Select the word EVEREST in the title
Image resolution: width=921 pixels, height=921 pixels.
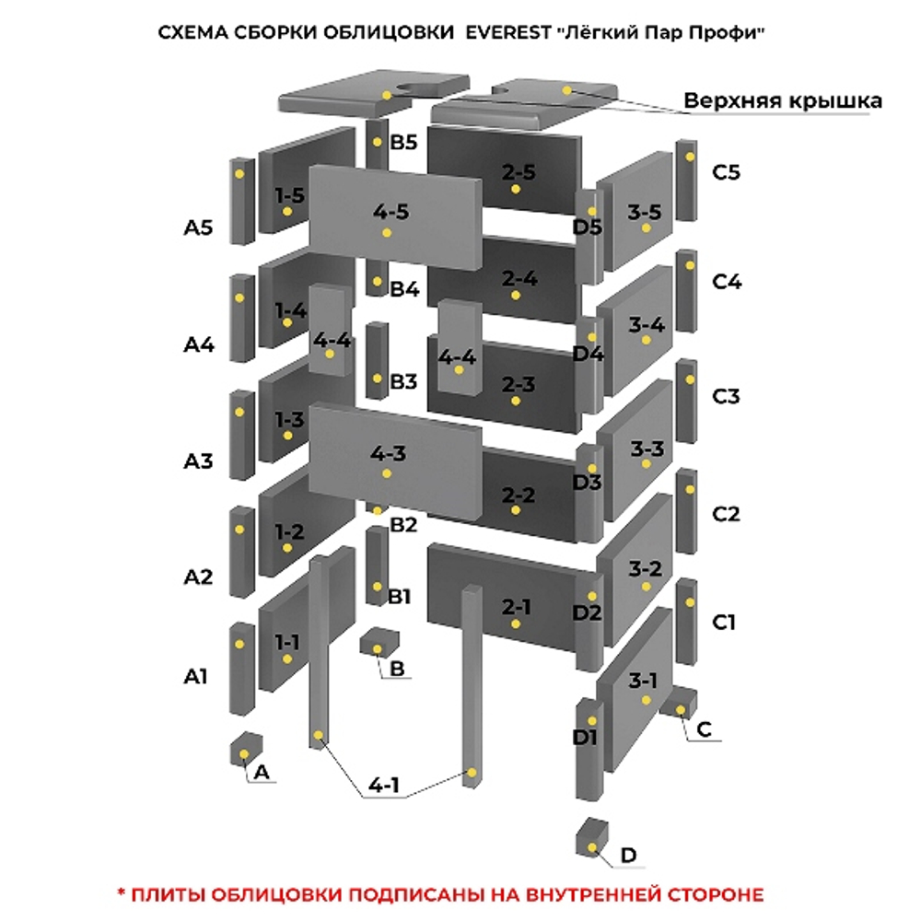503,32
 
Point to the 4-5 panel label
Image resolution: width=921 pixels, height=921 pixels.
391,212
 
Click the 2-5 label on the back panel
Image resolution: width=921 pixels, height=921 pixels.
519,171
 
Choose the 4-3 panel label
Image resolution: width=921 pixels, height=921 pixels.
388,453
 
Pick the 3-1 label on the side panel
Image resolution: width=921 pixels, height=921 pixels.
643,682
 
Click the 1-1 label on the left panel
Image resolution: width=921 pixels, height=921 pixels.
287,641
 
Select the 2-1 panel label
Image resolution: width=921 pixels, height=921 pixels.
517,607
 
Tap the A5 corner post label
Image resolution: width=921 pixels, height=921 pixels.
198,227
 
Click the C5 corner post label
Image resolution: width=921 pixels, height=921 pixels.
726,172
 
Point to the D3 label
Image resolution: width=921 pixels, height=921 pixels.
587,482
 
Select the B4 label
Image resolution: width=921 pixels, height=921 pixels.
403,289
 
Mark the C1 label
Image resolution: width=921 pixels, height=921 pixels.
724,624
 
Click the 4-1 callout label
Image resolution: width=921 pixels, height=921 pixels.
384,786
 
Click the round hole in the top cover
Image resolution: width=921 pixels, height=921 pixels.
422,88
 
